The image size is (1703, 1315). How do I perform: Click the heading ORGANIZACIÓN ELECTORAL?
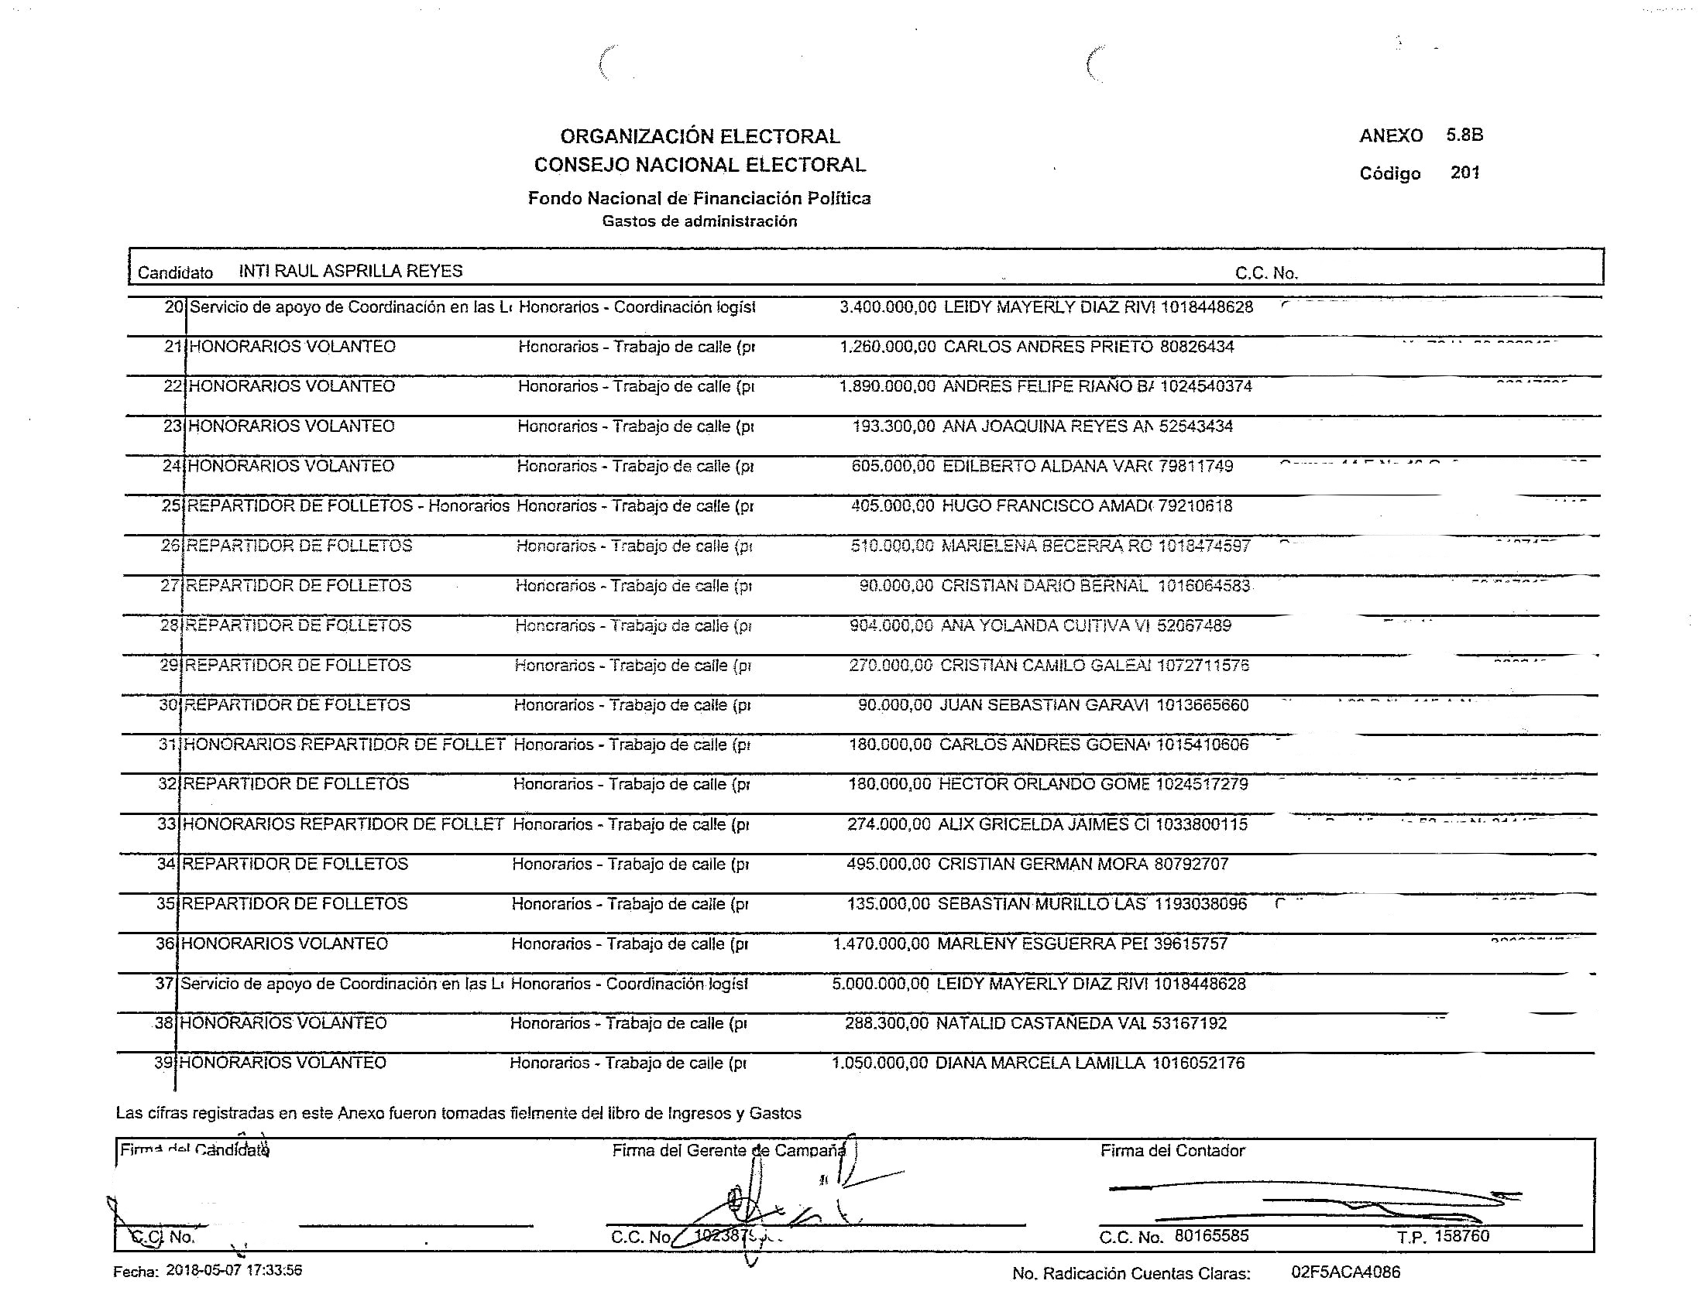(x=699, y=136)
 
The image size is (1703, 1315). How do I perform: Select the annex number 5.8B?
(x=1464, y=134)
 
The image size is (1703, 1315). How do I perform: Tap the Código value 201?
(x=1464, y=173)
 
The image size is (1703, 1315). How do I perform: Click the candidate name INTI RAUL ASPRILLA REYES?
(x=350, y=270)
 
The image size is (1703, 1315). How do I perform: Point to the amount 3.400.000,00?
(x=887, y=307)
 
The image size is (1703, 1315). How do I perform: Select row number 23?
(x=173, y=426)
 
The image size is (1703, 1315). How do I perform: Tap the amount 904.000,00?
(x=891, y=625)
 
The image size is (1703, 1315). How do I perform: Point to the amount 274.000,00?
(x=888, y=824)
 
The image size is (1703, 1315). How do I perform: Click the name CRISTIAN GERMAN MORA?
(x=1042, y=864)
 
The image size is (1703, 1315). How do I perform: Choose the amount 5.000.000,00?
(x=881, y=984)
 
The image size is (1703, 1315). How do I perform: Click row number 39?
(x=164, y=1063)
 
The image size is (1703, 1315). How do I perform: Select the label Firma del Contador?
(x=1172, y=1150)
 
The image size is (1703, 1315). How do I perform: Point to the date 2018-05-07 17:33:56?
(x=234, y=1271)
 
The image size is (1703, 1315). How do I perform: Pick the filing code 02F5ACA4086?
(x=1345, y=1272)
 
